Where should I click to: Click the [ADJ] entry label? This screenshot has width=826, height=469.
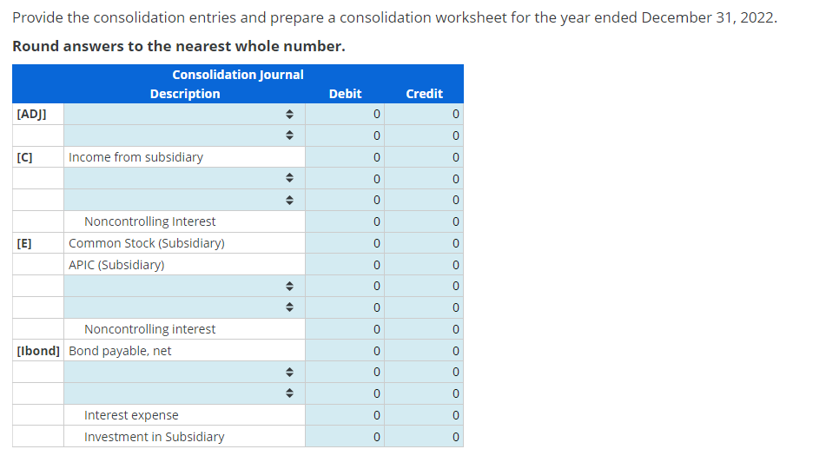[x=32, y=114]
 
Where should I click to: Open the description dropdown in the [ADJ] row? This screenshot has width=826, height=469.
[x=183, y=114]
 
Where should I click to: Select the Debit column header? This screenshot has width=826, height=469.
[x=345, y=93]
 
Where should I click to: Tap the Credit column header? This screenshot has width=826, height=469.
[x=424, y=93]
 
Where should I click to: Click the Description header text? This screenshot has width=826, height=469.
[x=184, y=93]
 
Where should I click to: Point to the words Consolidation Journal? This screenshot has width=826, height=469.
[x=237, y=75]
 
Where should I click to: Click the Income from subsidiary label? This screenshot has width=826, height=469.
[x=135, y=157]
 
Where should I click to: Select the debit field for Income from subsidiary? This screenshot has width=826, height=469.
[x=345, y=157]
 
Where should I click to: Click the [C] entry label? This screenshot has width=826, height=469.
[x=24, y=157]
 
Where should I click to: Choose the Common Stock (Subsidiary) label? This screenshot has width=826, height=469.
[x=146, y=243]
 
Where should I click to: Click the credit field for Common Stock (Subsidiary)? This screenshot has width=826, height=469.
[x=424, y=243]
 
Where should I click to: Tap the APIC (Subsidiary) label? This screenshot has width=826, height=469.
[x=116, y=265]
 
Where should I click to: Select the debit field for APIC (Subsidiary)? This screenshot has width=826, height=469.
[x=345, y=265]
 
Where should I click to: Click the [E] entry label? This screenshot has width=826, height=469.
[x=24, y=243]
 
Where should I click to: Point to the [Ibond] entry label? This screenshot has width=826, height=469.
[x=38, y=351]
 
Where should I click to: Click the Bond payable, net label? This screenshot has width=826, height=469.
[x=120, y=351]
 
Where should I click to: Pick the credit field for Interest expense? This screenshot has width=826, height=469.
[x=424, y=415]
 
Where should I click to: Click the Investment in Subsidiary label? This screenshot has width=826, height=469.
[x=154, y=437]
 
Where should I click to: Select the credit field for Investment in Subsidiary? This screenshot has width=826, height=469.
[x=424, y=437]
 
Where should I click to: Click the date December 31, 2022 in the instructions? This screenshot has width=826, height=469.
[x=708, y=18]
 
